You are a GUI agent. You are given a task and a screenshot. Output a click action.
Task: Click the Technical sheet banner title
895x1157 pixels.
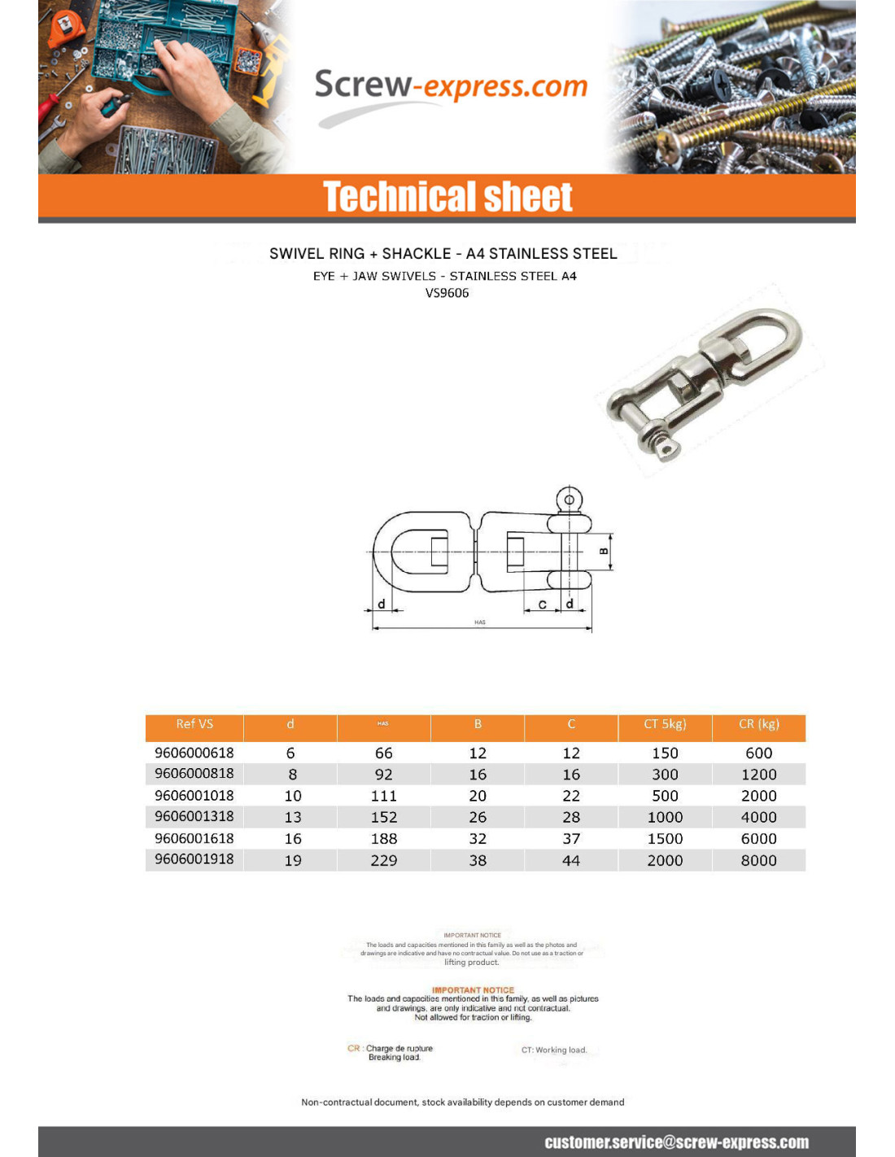tap(447, 197)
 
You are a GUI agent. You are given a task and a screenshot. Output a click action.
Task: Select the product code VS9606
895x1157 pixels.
tap(447, 293)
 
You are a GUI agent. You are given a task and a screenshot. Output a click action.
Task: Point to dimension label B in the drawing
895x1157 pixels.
tap(604, 551)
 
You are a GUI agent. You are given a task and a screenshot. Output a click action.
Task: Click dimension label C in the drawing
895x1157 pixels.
tap(543, 605)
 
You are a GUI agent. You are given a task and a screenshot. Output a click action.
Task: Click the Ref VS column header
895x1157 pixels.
tap(194, 724)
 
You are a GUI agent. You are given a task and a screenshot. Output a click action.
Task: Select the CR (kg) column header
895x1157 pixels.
tap(758, 724)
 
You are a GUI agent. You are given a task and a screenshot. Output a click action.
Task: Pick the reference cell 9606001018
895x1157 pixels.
tap(194, 795)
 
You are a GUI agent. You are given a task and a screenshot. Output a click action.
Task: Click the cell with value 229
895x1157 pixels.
tap(384, 860)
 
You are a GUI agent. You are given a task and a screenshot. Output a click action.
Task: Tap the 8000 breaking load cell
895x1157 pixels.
tap(758, 860)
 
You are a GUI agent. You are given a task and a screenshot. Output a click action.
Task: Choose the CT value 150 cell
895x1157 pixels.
tap(665, 753)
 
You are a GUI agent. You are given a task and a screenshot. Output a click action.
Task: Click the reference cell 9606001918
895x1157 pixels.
tap(194, 859)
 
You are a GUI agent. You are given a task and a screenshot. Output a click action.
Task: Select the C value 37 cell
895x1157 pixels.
tap(571, 839)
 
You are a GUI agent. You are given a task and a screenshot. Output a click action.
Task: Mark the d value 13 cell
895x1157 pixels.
tap(293, 817)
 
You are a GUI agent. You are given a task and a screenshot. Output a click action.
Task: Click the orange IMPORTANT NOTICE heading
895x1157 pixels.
tap(473, 990)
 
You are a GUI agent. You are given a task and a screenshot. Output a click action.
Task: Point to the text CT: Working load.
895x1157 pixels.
tap(554, 1050)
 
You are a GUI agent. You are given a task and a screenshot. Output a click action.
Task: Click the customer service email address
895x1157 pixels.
tap(676, 1142)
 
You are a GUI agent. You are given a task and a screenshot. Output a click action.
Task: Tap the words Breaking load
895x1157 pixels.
tap(395, 1058)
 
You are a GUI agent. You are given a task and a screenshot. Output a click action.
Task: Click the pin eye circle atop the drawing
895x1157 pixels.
tap(569, 500)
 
